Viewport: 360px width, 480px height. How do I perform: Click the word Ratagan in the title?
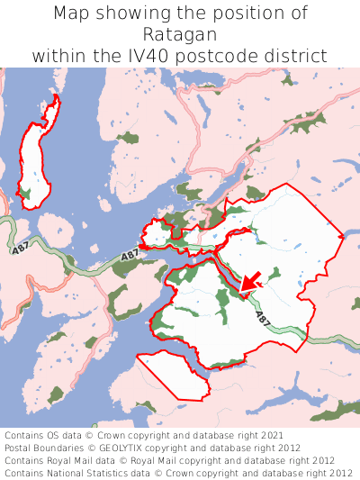(180, 34)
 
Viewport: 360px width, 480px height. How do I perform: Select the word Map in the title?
(74, 14)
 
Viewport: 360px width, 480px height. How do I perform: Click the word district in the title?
(297, 56)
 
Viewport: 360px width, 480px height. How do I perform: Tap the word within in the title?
(58, 56)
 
